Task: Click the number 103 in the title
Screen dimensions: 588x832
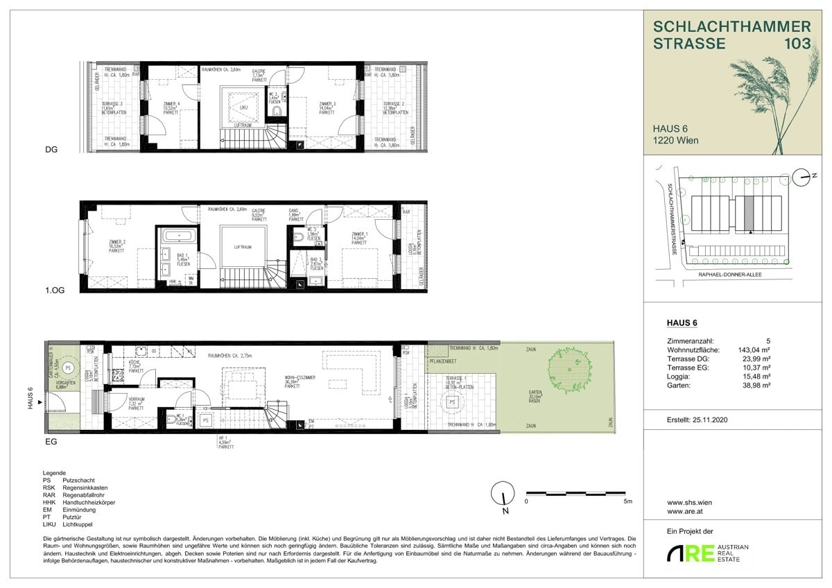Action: point(796,44)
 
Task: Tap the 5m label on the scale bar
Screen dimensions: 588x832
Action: point(627,500)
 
